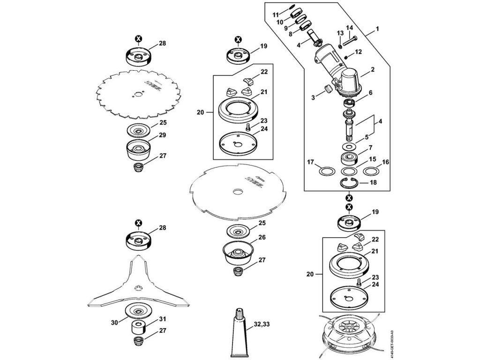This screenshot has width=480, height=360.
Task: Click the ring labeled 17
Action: tap(323, 171)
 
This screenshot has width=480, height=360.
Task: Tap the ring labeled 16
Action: tap(370, 171)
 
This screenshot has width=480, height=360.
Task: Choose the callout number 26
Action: tap(262, 238)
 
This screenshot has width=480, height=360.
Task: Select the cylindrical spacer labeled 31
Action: tap(138, 327)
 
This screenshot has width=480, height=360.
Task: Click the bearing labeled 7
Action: tap(348, 156)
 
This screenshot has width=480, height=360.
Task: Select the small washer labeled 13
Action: tap(340, 47)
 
